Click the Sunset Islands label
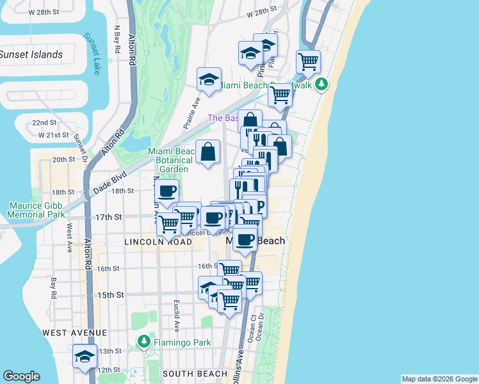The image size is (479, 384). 31,54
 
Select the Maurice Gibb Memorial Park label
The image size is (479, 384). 37,210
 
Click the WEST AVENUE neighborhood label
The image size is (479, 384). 74,333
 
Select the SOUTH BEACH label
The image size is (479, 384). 195,373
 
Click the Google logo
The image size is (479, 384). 21,376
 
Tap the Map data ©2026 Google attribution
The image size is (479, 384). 439,379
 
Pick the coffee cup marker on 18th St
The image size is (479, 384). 167,192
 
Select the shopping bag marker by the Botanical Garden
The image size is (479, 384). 208,152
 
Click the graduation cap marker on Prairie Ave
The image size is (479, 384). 208,80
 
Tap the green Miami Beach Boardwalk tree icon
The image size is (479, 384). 322,84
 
